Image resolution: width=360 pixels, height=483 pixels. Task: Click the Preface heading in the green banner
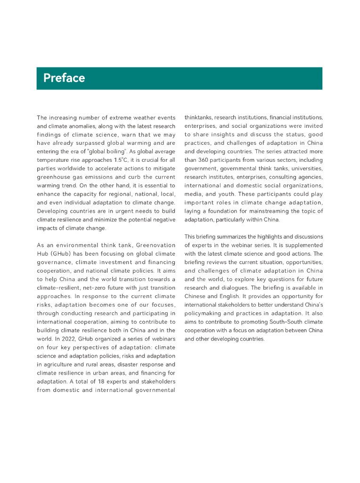(64, 78)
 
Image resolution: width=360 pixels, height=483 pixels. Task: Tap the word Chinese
(197, 296)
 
